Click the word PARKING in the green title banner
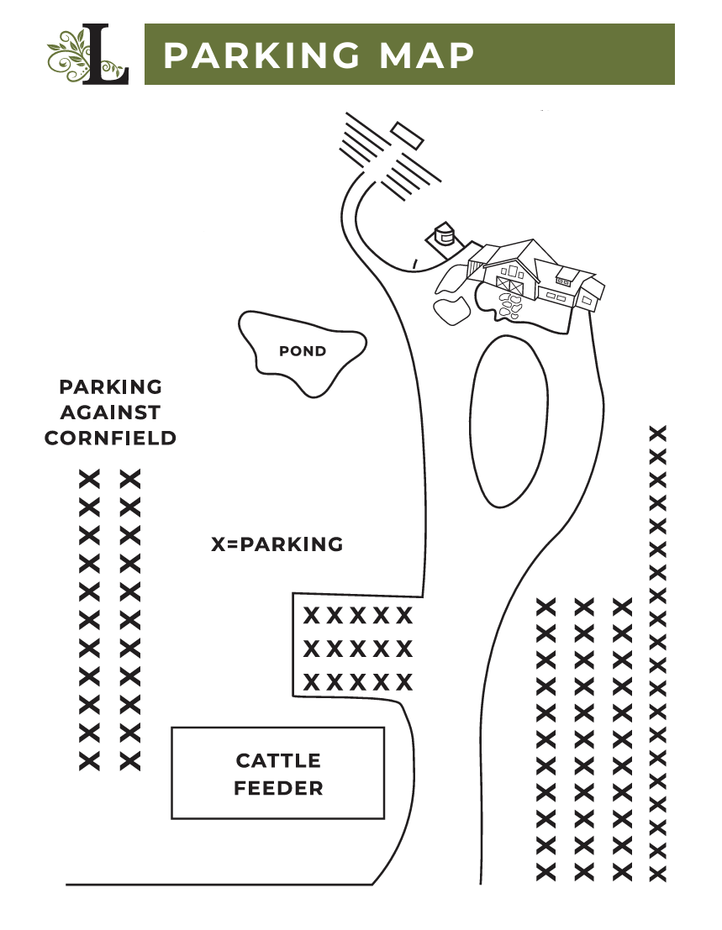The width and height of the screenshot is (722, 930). [261, 55]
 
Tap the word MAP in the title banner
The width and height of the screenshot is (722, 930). [426, 55]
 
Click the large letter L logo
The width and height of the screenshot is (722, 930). [106, 54]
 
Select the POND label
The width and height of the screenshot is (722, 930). [303, 351]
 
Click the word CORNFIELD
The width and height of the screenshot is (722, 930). [111, 438]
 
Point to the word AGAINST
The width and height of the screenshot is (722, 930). [111, 412]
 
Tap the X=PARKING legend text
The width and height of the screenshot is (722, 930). [277, 544]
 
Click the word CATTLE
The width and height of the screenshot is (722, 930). [278, 760]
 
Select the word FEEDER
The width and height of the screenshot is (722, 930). [278, 788]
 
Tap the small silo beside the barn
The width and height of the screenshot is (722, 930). [443, 234]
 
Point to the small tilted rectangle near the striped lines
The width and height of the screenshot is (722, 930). [408, 136]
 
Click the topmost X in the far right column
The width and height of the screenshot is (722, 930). [658, 433]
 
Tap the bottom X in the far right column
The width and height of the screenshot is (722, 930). [658, 874]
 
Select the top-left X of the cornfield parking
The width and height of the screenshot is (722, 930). [90, 479]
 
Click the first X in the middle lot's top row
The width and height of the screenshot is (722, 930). [312, 616]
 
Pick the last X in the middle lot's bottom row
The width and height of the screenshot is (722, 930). [404, 683]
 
